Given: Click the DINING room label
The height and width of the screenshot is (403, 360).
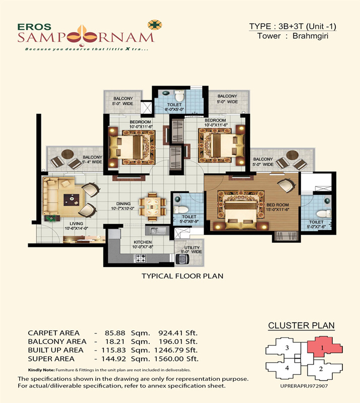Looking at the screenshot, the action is (x=123, y=204).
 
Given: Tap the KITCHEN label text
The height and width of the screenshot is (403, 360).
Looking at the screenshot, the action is (x=143, y=242).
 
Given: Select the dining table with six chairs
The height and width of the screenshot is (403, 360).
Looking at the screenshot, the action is (x=152, y=207).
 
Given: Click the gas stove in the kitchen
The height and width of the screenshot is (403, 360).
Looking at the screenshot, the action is (x=140, y=258).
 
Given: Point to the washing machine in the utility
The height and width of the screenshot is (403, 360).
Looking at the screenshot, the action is (x=182, y=259).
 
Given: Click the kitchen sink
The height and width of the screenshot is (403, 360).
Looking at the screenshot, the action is (x=157, y=231).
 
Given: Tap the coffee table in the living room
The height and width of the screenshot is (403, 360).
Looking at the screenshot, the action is (x=72, y=199).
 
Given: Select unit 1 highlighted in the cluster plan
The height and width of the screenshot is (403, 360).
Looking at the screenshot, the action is (x=325, y=347).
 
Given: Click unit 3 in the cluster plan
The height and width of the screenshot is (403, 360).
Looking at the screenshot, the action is (x=286, y=348).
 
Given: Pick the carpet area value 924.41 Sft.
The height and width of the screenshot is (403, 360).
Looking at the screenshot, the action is (x=178, y=333).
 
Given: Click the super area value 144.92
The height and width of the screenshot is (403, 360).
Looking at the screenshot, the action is (x=113, y=359).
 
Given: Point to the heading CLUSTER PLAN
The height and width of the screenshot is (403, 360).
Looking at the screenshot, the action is (x=301, y=325).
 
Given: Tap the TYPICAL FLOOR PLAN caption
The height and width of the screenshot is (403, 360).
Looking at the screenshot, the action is (x=183, y=276).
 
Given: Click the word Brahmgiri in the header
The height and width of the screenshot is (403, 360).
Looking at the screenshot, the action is (x=310, y=36).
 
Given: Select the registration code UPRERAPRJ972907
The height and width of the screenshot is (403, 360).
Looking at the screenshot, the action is (x=304, y=386).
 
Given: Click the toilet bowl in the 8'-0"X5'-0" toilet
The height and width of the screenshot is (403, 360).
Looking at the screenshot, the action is (x=179, y=96).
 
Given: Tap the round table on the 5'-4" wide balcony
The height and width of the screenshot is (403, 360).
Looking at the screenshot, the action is (x=68, y=154).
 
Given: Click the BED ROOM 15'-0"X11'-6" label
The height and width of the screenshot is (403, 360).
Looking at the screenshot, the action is (x=277, y=207).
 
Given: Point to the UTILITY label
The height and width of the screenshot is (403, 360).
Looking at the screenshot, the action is (x=192, y=247).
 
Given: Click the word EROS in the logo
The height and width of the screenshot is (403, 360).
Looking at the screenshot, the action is (x=34, y=27).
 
